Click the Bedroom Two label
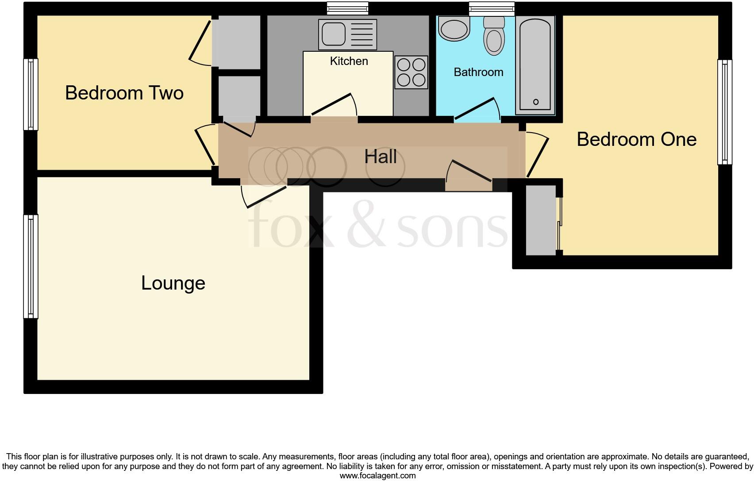[x=124, y=93]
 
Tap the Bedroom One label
[x=636, y=140]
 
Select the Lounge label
[x=173, y=283]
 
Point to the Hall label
[x=380, y=157]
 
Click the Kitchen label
[x=349, y=61]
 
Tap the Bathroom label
[x=478, y=72]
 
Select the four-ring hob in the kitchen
[x=412, y=72]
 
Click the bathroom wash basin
[x=454, y=28]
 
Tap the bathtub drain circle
[x=536, y=102]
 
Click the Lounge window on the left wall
[x=31, y=266]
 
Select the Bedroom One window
[x=724, y=112]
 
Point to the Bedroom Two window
[x=31, y=95]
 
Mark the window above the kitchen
[x=347, y=8]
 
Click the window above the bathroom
[x=492, y=8]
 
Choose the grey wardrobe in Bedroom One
[x=540, y=220]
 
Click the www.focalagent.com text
[x=377, y=476]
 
